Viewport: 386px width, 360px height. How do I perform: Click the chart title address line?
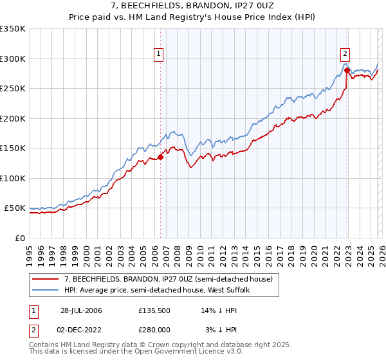click(x=192, y=6)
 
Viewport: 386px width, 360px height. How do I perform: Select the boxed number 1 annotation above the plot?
click(x=158, y=54)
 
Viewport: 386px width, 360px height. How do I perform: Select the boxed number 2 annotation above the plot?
click(x=345, y=54)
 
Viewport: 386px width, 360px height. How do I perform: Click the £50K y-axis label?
click(x=15, y=208)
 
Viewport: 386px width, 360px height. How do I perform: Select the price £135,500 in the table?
click(x=153, y=310)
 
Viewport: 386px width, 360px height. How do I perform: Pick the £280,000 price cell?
click(x=153, y=330)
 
